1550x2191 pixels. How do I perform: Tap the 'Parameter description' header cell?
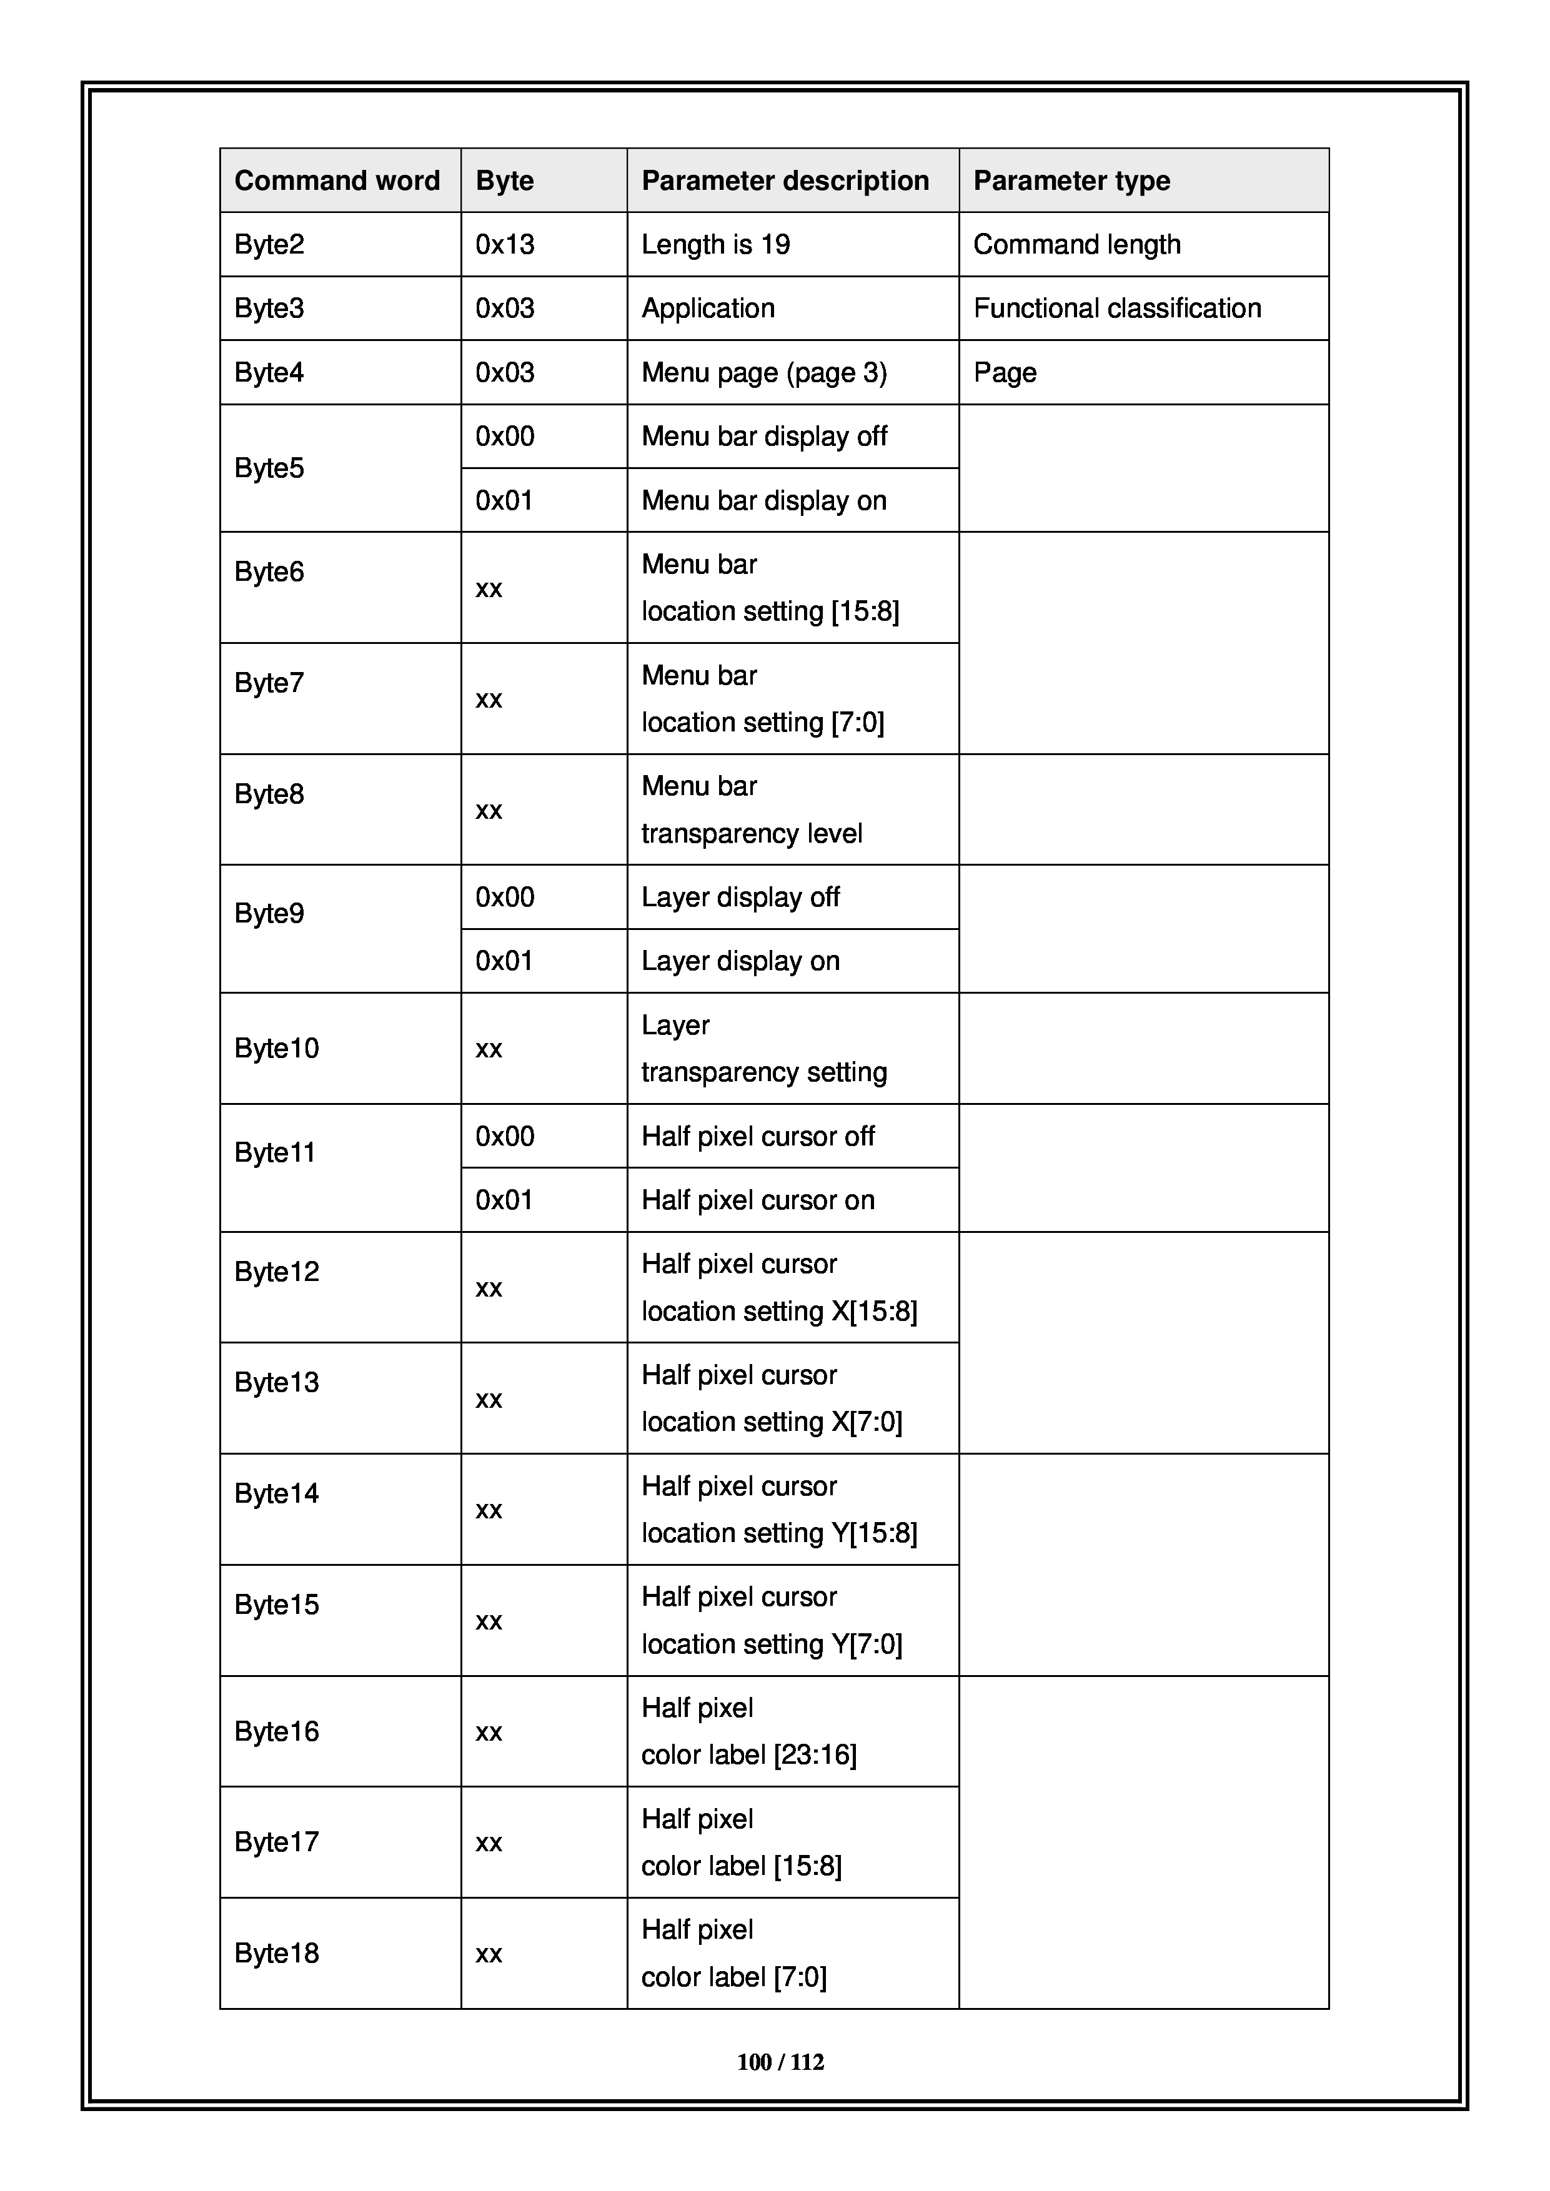pyautogui.click(x=785, y=181)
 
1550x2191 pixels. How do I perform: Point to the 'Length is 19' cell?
pyautogui.click(x=716, y=244)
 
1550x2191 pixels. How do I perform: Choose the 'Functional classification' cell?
pyautogui.click(x=1116, y=309)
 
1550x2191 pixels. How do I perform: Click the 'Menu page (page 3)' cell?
pyautogui.click(x=763, y=372)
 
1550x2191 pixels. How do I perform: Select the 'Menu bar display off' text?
pyautogui.click(x=763, y=436)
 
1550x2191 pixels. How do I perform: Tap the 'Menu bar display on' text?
pyautogui.click(x=763, y=500)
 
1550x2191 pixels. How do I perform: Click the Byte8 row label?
pyautogui.click(x=269, y=794)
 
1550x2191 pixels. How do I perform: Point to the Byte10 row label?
pyautogui.click(x=277, y=1048)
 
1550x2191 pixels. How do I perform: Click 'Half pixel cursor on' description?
pyautogui.click(x=758, y=1200)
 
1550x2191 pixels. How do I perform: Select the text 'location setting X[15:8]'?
pyautogui.click(x=779, y=1311)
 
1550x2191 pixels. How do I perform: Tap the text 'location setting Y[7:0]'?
pyautogui.click(x=771, y=1643)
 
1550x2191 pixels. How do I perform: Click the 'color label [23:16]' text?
pyautogui.click(x=748, y=1754)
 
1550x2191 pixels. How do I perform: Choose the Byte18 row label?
pyautogui.click(x=277, y=1952)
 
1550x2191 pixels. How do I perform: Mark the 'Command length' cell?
pyautogui.click(x=1076, y=244)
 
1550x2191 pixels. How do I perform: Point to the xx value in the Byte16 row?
pyautogui.click(x=489, y=1732)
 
